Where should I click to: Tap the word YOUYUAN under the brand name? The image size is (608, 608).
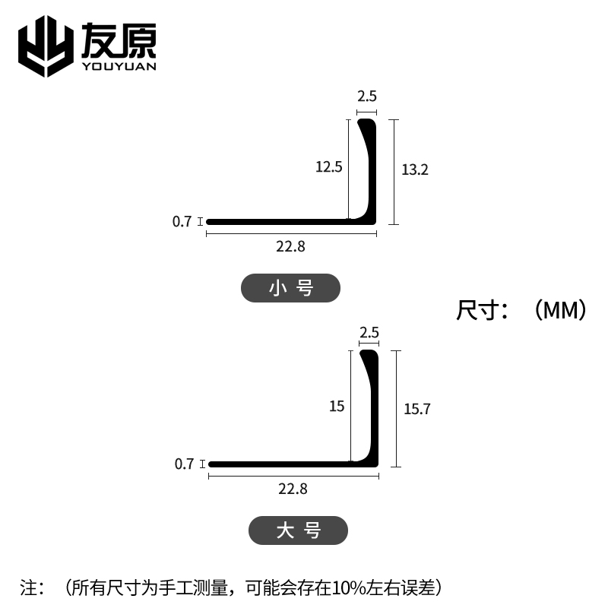pyautogui.click(x=118, y=66)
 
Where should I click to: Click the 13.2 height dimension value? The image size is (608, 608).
pyautogui.click(x=415, y=169)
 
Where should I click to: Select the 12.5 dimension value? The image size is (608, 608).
pyautogui.click(x=330, y=166)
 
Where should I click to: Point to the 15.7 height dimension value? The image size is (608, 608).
pyautogui.click(x=417, y=409)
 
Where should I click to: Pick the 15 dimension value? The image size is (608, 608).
pyautogui.click(x=337, y=407)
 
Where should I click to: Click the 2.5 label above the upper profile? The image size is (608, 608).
pyautogui.click(x=367, y=97)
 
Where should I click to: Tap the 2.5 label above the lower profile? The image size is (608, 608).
pyautogui.click(x=369, y=332)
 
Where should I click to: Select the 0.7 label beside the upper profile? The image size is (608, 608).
pyautogui.click(x=182, y=222)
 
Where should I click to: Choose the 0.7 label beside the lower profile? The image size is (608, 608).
pyautogui.click(x=184, y=464)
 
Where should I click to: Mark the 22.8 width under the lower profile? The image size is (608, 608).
pyautogui.click(x=293, y=489)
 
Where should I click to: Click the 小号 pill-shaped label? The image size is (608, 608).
pyautogui.click(x=290, y=288)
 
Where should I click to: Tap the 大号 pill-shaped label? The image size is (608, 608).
pyautogui.click(x=298, y=530)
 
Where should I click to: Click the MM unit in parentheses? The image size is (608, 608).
pyautogui.click(x=561, y=311)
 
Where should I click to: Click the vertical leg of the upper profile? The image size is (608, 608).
pyautogui.click(x=369, y=167)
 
